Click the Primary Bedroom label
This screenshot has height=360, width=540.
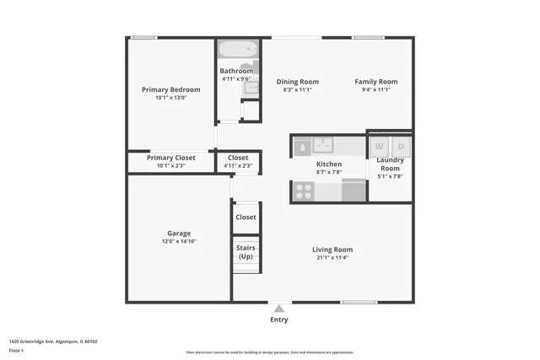(x=171, y=89)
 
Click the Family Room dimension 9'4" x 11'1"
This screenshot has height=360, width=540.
(x=375, y=90)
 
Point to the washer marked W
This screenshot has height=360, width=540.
(x=379, y=146)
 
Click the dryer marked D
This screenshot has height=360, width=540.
(x=401, y=146)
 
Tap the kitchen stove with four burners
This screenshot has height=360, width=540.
(x=303, y=191)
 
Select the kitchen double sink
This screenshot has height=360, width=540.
(x=325, y=144)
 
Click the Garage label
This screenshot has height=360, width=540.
(x=179, y=233)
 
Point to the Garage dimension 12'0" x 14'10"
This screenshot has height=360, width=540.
(x=179, y=241)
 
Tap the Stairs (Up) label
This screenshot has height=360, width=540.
(x=246, y=252)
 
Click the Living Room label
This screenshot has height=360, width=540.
(x=332, y=250)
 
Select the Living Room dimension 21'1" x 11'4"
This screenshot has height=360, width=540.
(x=332, y=258)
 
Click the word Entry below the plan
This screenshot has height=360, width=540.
(x=278, y=320)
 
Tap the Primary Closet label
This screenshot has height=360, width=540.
(x=171, y=158)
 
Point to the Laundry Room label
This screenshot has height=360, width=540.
(x=390, y=164)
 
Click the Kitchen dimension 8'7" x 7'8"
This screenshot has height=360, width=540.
(x=328, y=172)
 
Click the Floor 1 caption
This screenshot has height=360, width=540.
(x=16, y=350)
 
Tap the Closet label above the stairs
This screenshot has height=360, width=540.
(x=246, y=217)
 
